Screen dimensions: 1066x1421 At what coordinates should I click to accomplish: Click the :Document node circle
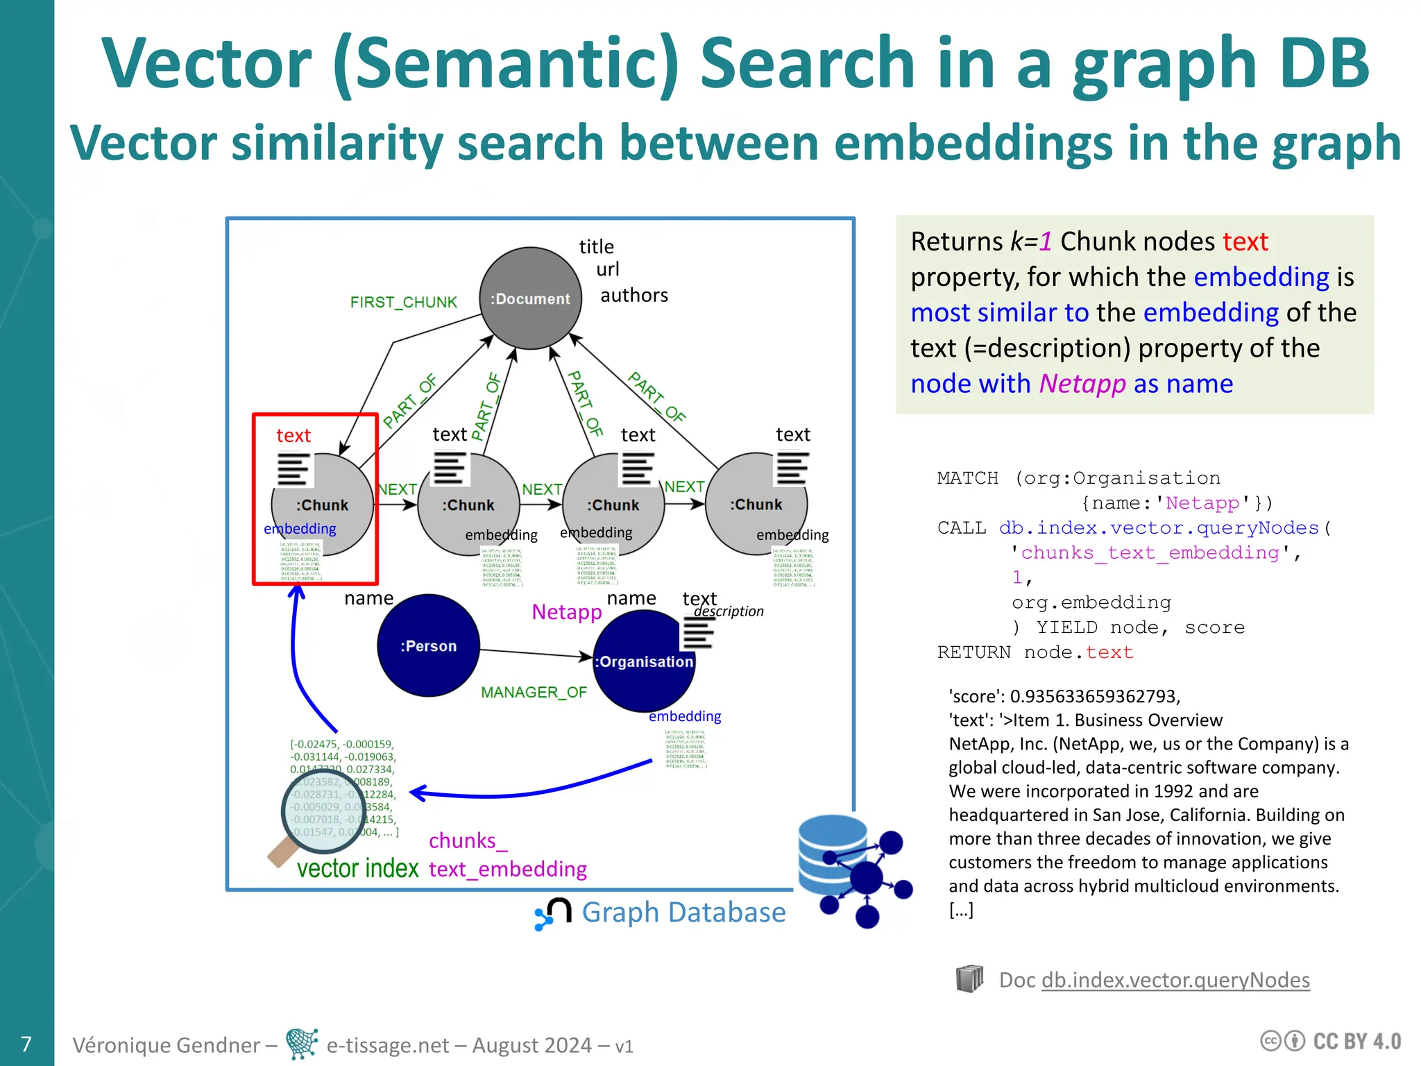(530, 298)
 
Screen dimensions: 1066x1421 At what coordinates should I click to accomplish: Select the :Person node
(428, 645)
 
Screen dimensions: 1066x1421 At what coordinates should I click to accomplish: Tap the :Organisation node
(643, 661)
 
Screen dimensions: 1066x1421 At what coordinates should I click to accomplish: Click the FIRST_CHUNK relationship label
(403, 303)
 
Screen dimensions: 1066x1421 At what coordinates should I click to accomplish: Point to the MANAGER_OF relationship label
(534, 692)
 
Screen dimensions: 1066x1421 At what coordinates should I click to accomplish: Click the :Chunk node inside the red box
(322, 505)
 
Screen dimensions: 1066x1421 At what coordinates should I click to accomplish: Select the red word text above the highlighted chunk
(293, 436)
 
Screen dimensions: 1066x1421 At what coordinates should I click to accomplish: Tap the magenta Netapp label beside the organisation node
(566, 612)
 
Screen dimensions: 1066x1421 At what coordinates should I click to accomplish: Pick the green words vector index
(357, 868)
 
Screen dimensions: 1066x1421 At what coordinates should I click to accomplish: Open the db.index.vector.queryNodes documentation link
(1175, 980)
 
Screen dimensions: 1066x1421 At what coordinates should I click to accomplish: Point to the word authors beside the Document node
(633, 296)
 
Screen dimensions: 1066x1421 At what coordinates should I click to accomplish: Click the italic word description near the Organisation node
(729, 611)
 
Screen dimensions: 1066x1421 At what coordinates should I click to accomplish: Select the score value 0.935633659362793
(1094, 696)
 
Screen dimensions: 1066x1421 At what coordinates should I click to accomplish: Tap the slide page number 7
(26, 1044)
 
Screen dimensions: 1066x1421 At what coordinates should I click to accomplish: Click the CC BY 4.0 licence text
(1356, 1041)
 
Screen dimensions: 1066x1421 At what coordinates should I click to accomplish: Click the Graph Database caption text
(683, 912)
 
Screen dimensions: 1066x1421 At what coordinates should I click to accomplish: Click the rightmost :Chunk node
(756, 505)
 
